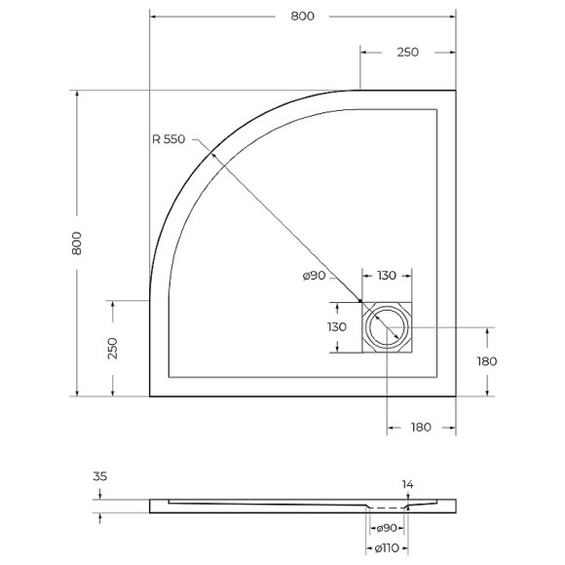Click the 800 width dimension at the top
(303, 17)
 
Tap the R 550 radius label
(169, 139)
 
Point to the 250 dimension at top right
(407, 53)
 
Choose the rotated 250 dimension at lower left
(113, 348)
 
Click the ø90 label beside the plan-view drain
(314, 277)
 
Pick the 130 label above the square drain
(388, 277)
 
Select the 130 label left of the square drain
(336, 326)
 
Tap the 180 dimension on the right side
(486, 360)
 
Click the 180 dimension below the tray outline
(422, 428)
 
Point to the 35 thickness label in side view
(98, 478)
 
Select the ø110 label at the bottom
(387, 548)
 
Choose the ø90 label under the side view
(387, 528)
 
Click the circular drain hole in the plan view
(387, 326)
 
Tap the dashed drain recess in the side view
(387, 508)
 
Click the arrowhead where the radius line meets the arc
(207, 148)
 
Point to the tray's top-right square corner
(456, 91)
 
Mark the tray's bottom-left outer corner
(150, 396)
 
